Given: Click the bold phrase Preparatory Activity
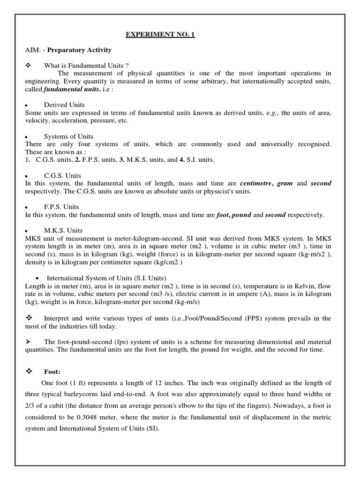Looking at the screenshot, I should coord(79,50).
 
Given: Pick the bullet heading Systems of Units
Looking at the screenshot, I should coord(68,136).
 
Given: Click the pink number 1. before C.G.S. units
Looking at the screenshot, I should coord(28,160).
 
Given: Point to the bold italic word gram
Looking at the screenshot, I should coord(285,183).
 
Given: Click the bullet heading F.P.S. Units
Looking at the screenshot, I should coord(61,207).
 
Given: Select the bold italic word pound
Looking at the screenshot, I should coord(241,215).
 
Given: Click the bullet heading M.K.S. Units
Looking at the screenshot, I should coord(63,230).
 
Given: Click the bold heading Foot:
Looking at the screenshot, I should coord(52,371).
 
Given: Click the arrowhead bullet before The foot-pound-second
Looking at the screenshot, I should coord(29,342).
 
